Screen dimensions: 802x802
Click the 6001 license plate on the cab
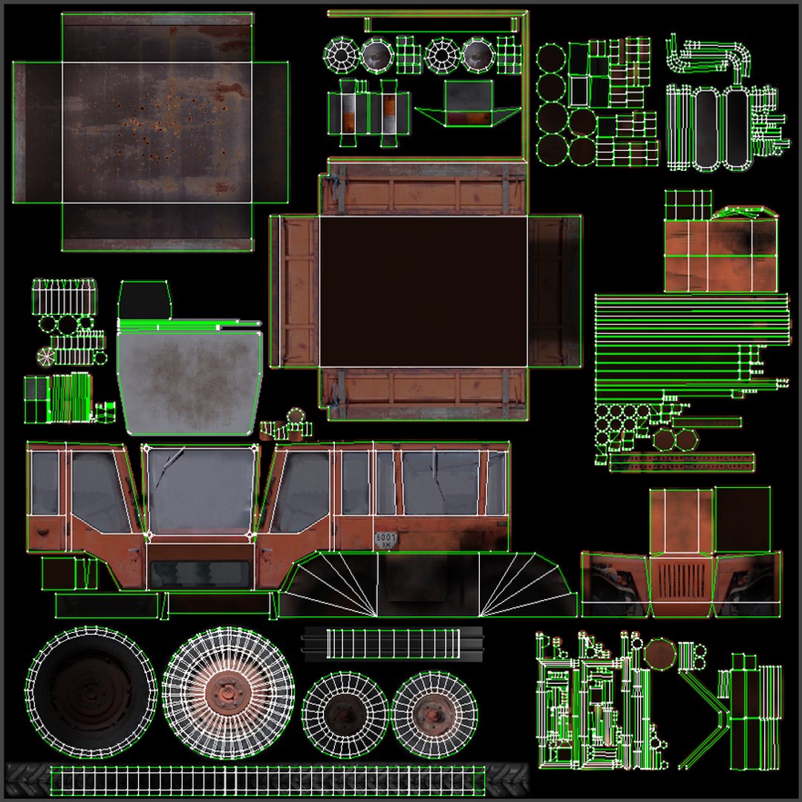385,540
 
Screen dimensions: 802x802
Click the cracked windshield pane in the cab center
200,490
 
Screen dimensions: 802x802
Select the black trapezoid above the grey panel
144,300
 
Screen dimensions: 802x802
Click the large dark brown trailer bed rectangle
423,291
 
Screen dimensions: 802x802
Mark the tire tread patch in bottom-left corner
27,779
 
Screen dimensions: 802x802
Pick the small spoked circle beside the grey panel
46,356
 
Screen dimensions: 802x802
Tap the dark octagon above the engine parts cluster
659,654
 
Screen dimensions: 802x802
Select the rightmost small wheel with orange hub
434,714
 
